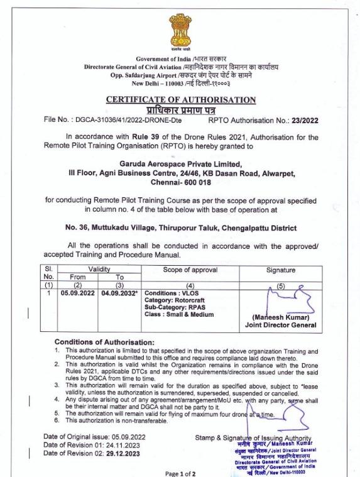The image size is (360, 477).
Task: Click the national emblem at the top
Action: pos(180,31)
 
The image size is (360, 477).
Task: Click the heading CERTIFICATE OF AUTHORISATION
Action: pos(180,99)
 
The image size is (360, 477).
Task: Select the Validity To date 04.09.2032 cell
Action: pos(120,292)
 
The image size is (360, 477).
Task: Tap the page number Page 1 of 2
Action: pos(180,471)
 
